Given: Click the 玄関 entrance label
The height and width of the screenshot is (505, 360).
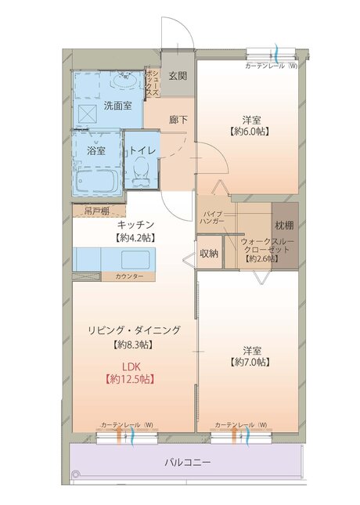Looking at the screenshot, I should [x=178, y=76].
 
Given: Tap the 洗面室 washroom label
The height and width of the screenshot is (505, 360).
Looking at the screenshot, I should [x=117, y=106].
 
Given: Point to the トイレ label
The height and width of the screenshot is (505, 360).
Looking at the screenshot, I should [x=143, y=150].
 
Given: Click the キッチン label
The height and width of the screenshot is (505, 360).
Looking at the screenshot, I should [x=135, y=224].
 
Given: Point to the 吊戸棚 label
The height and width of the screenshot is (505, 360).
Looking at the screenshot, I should [x=91, y=211].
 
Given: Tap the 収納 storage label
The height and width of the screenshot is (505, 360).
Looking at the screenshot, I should [x=208, y=253].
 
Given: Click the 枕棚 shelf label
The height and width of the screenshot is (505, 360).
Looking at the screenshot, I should [x=283, y=227].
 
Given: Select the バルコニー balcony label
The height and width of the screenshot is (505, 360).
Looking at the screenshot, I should [x=187, y=463].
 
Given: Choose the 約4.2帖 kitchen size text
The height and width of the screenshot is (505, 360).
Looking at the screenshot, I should [x=135, y=236].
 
